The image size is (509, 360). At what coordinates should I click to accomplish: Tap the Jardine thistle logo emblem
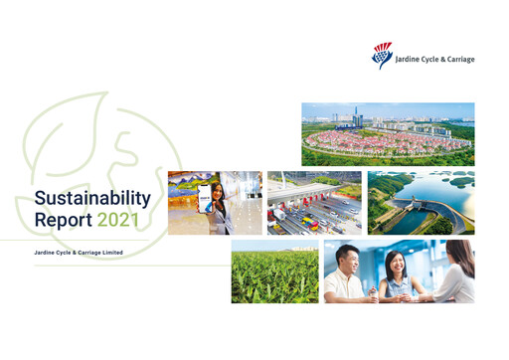click(382, 56)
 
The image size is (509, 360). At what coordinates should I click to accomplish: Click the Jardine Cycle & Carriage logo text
click(434, 60)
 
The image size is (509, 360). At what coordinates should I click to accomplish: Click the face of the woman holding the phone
click(217, 188)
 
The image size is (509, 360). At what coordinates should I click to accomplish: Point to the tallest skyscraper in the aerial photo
click(357, 115)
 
